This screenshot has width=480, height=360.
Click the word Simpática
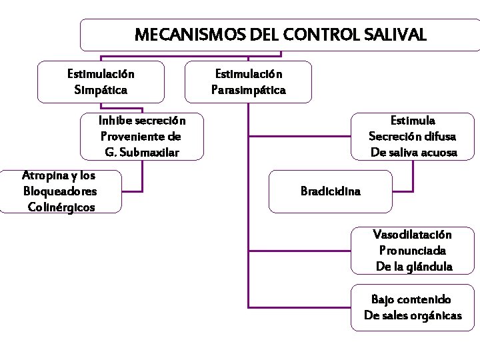(x=101, y=89)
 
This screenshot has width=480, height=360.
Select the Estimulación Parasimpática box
(x=249, y=82)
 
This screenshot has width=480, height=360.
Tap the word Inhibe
(x=115, y=121)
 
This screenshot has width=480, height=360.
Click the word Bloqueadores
(x=60, y=191)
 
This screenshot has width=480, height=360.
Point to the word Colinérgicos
(x=62, y=207)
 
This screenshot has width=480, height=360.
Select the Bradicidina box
(x=331, y=191)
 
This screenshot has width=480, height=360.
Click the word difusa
(x=438, y=137)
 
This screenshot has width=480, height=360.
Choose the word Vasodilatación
(x=412, y=235)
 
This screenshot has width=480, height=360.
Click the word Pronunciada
(x=413, y=251)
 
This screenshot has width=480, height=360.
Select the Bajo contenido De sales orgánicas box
(x=413, y=307)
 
